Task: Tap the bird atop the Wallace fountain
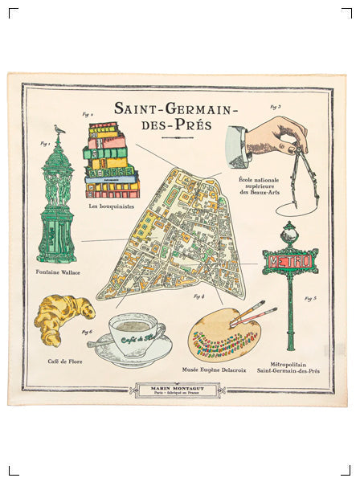tap(58, 129)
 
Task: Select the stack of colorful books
tap(111, 160)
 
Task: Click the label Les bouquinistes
tap(110, 206)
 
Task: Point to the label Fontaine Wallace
tap(58, 272)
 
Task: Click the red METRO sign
tap(289, 262)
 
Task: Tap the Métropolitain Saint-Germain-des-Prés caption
tap(288, 367)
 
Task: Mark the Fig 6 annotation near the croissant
tap(87, 331)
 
